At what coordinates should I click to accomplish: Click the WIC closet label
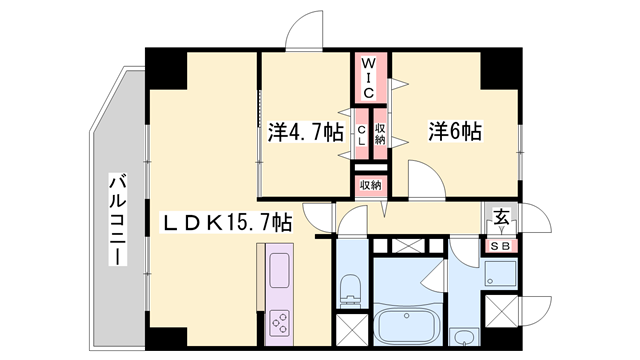(x=368, y=78)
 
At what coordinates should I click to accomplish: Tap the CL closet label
(x=362, y=135)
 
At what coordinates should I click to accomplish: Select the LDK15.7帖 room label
(x=227, y=222)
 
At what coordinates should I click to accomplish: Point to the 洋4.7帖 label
(x=305, y=132)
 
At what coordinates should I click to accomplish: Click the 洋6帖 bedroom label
(x=455, y=131)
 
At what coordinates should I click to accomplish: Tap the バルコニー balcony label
(x=118, y=220)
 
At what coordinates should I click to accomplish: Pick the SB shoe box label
(x=500, y=246)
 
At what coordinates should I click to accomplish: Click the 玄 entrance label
(x=502, y=217)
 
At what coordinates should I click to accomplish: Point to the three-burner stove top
(x=280, y=323)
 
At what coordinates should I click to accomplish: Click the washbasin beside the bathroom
(x=463, y=336)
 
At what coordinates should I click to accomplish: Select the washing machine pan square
(x=500, y=273)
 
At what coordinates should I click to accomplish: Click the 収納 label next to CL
(x=380, y=134)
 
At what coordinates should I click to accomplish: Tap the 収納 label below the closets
(x=371, y=185)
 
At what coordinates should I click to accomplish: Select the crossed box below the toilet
(x=352, y=330)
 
